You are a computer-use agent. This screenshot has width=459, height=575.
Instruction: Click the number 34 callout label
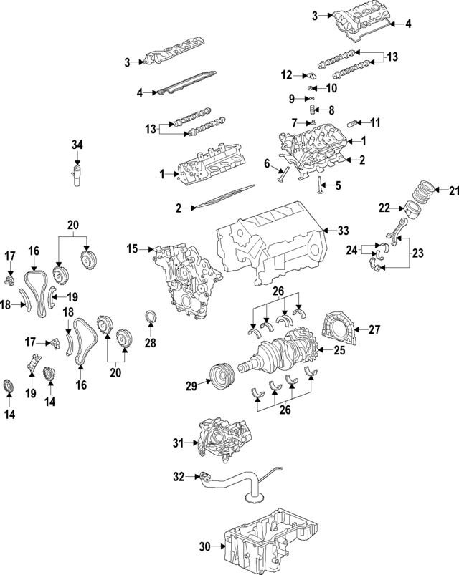click(x=77, y=145)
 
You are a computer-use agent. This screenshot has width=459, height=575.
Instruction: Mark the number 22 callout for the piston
click(x=384, y=208)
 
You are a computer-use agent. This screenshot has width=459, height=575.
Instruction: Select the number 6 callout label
click(x=266, y=164)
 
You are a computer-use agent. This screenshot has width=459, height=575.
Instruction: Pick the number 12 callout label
click(x=286, y=74)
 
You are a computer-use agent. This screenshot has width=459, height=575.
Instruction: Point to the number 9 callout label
click(x=293, y=99)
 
